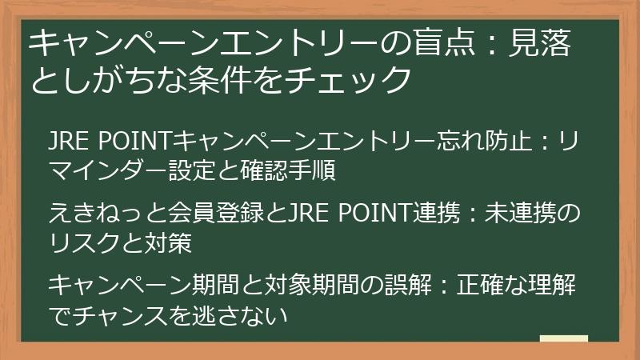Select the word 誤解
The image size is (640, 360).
tap(398, 284)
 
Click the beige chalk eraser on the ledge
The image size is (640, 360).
tap(564, 339)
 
